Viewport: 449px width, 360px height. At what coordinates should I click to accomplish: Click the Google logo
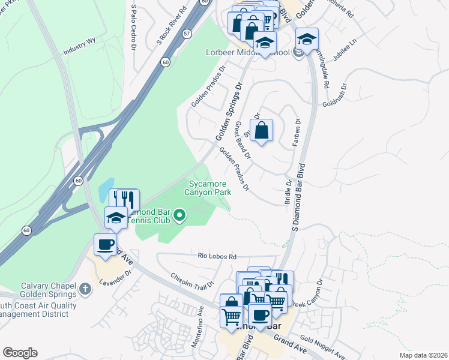(20, 353)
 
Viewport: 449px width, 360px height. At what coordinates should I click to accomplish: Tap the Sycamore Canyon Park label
(210, 188)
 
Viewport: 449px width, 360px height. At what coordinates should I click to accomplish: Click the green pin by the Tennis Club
(179, 215)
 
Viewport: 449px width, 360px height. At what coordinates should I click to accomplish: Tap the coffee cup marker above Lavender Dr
(106, 245)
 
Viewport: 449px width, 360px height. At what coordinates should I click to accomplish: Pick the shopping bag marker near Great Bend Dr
(262, 130)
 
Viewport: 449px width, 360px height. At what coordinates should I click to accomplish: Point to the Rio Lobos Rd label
(217, 256)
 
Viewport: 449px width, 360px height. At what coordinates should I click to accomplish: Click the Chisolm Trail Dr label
(192, 281)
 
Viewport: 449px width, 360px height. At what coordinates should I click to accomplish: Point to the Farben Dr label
(297, 128)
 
